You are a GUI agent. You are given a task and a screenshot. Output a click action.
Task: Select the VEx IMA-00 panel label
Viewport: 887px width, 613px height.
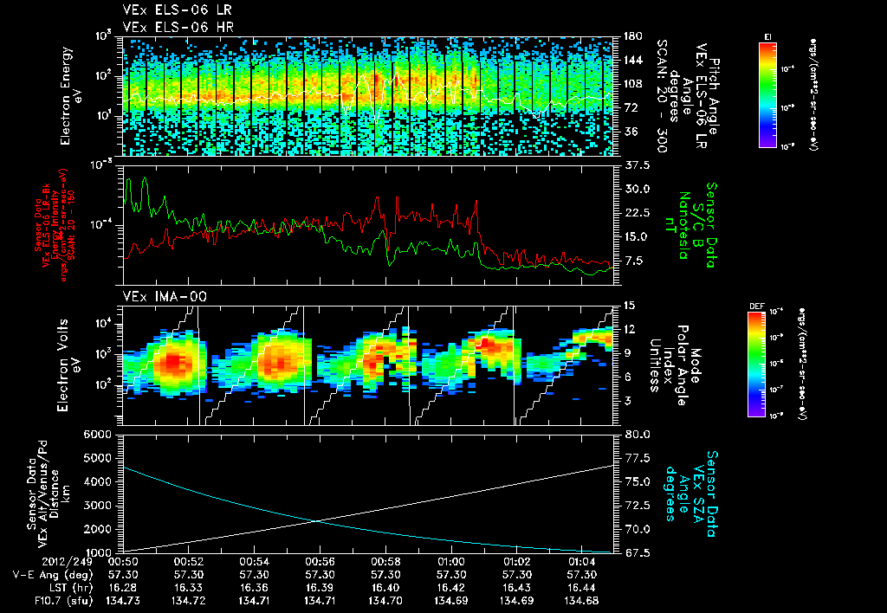coord(158,297)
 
